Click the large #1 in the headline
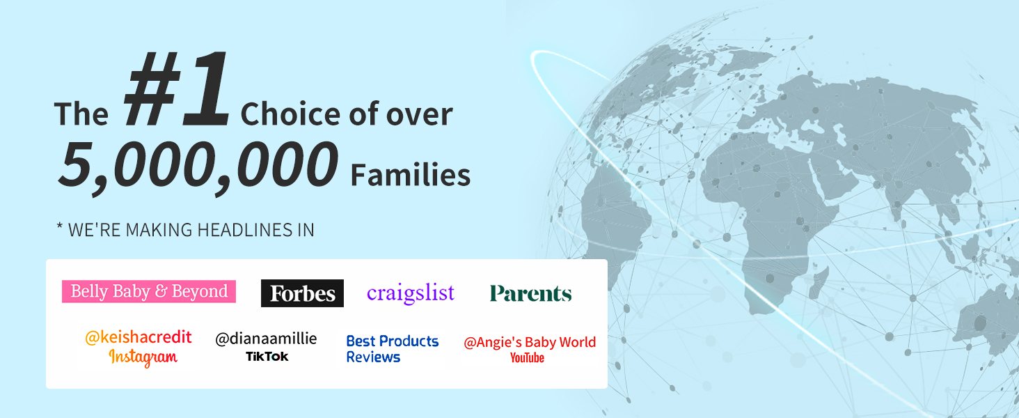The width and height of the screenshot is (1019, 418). click(177, 88)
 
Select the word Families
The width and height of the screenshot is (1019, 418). click(411, 176)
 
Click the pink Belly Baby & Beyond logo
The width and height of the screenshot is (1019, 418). click(149, 291)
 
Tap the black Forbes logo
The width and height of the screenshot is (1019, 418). click(302, 293)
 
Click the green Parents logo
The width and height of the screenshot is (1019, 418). click(530, 293)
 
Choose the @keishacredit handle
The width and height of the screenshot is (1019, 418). click(139, 337)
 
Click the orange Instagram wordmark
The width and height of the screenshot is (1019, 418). click(143, 357)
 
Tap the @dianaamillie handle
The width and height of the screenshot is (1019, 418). click(266, 339)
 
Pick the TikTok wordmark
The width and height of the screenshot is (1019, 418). click(267, 357)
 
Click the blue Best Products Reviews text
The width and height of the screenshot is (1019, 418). click(392, 349)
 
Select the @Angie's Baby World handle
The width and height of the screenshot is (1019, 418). click(530, 343)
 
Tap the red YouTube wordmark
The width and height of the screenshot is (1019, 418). click(527, 358)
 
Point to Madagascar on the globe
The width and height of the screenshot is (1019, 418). click(821, 278)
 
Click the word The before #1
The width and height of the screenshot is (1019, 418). click(81, 114)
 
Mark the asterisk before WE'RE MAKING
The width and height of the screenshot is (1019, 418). click(60, 226)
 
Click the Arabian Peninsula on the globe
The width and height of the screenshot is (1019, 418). click(832, 178)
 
